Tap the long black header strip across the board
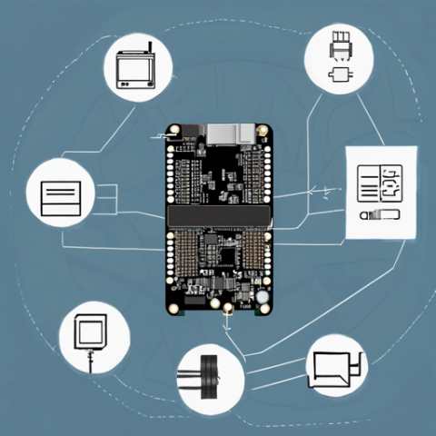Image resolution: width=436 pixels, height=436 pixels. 218,217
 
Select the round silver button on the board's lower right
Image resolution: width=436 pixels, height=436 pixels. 262,297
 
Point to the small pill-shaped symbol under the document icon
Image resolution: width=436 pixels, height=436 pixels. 380,215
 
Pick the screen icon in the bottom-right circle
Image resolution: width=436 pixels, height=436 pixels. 334,368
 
